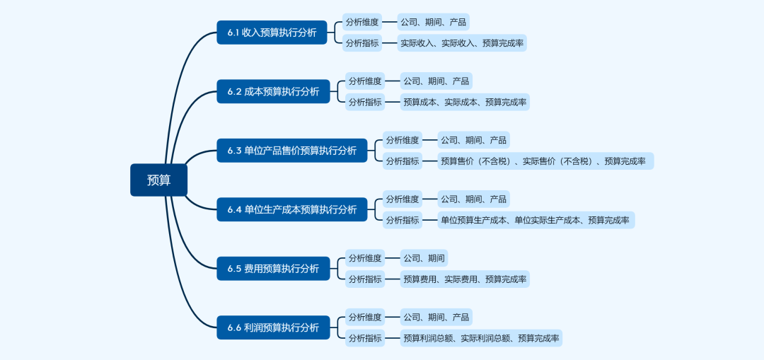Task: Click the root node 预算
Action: pyautogui.click(x=159, y=180)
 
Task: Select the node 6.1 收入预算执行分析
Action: pyautogui.click(x=272, y=32)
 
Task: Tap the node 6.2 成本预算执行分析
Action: pyautogui.click(x=273, y=91)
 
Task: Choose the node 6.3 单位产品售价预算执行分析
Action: pyautogui.click(x=291, y=150)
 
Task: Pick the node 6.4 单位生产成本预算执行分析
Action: pyautogui.click(x=291, y=209)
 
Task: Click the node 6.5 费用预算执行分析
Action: pyautogui.click(x=273, y=268)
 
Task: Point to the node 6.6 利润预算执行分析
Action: pyautogui.click(x=273, y=327)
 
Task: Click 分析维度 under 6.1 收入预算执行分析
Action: pyautogui.click(x=361, y=22)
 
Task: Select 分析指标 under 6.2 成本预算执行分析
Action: pyautogui.click(x=365, y=102)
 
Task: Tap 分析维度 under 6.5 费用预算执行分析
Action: pyautogui.click(x=365, y=258)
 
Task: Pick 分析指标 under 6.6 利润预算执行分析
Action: pyautogui.click(x=365, y=338)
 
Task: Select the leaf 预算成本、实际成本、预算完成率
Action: pyautogui.click(x=465, y=102)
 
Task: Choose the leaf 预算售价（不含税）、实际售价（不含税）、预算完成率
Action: pyautogui.click(x=543, y=161)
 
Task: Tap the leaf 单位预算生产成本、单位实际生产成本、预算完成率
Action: pyautogui.click(x=535, y=220)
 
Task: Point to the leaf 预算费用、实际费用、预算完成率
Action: pyautogui.click(x=465, y=279)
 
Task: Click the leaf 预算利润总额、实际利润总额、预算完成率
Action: pyautogui.click(x=481, y=338)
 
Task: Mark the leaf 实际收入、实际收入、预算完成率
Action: pyautogui.click(x=462, y=43)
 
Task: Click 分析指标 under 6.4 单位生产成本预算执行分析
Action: pyautogui.click(x=402, y=220)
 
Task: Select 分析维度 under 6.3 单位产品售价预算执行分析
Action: pyautogui.click(x=402, y=140)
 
